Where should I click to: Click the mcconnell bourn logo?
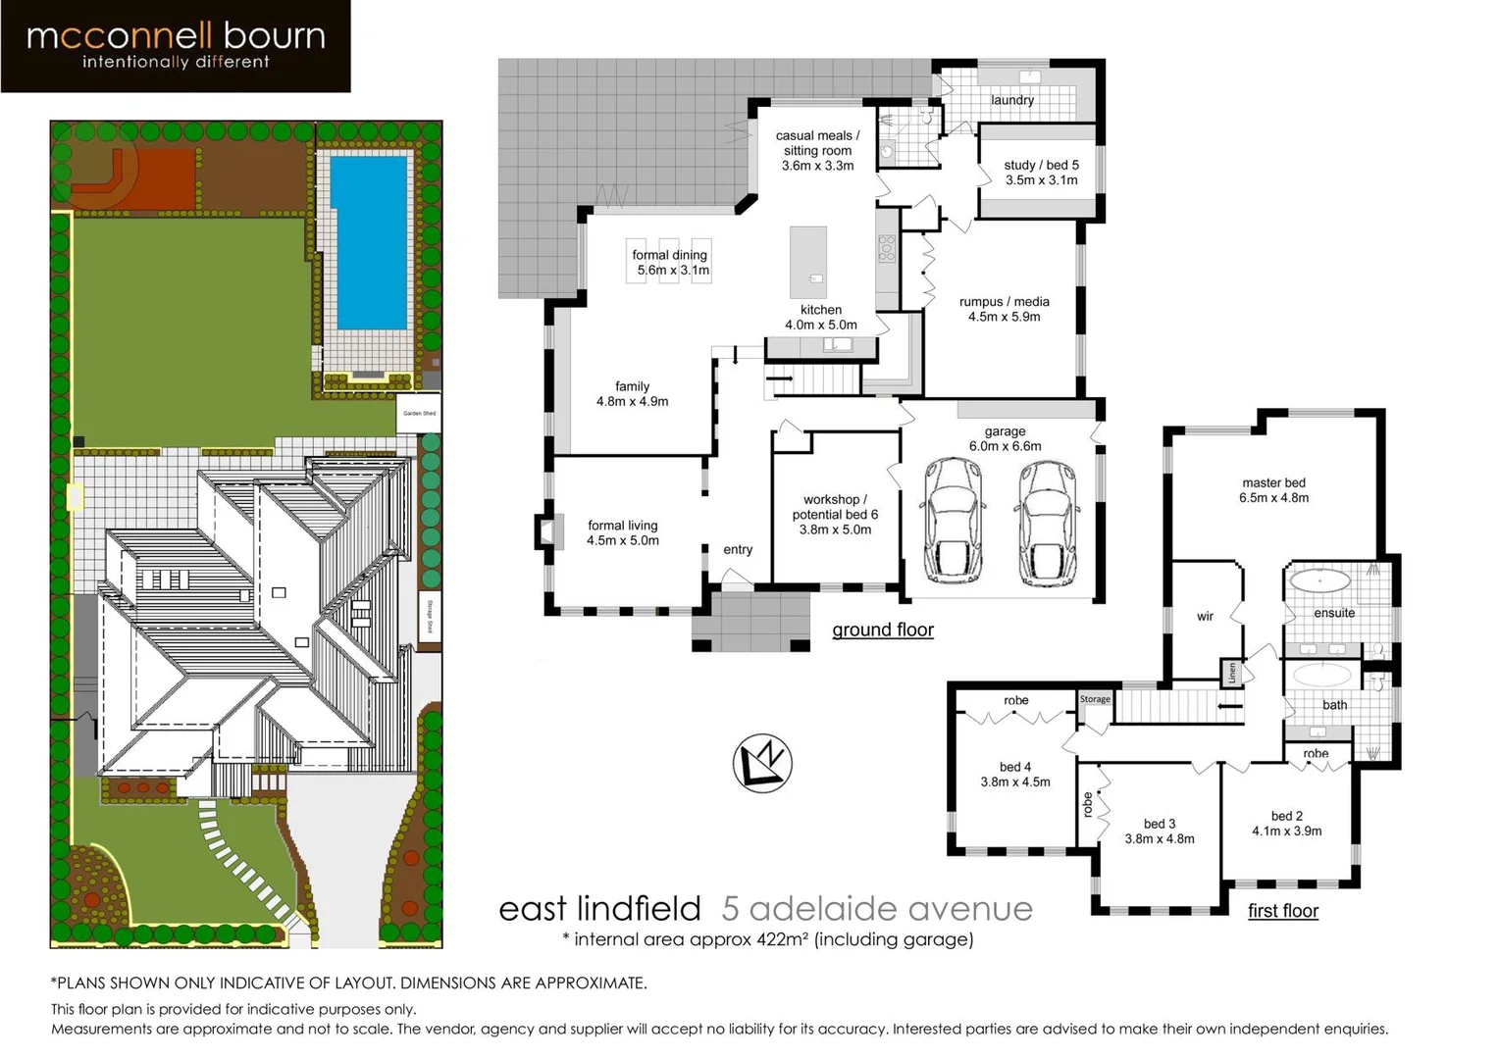[x=176, y=46]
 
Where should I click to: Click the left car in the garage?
[x=953, y=522]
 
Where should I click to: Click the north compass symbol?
[x=762, y=763]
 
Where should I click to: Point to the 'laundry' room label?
[x=1011, y=100]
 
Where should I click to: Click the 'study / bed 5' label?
[x=1041, y=173]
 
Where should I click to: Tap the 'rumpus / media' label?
[x=1004, y=309]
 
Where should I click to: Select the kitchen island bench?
[x=808, y=262]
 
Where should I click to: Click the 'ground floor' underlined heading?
[x=882, y=630]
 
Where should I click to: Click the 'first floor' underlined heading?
[x=1282, y=911]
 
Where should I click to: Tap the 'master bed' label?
[x=1273, y=490]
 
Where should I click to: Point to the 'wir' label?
[x=1205, y=617]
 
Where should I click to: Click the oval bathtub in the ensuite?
[x=1319, y=581]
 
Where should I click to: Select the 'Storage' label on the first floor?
[x=1095, y=699]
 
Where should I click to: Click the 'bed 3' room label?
[x=1159, y=831]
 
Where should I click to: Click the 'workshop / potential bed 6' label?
[x=835, y=514]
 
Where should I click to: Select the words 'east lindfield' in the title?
[x=599, y=909]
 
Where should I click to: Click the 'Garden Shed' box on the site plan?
[x=419, y=413]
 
